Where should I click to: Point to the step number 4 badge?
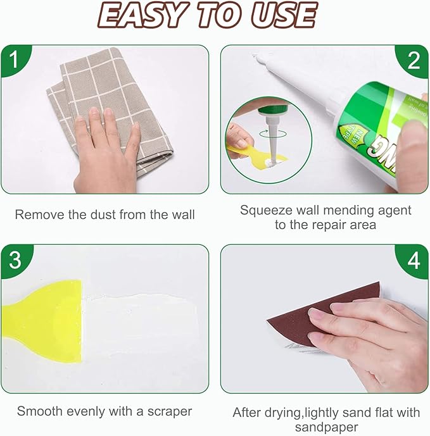pyautogui.click(x=414, y=260)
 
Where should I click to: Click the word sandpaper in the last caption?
pyautogui.click(x=326, y=427)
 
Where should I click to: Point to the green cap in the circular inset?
pyautogui.click(x=273, y=111)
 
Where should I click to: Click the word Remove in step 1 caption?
pyautogui.click(x=37, y=215)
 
